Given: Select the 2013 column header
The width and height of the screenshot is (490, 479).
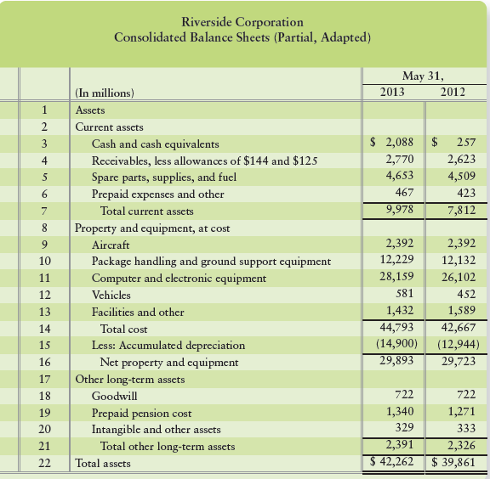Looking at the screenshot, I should point(391,92).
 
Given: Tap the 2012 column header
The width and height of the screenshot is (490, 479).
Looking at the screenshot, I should point(453,92).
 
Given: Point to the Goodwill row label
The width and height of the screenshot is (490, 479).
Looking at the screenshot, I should point(113,396).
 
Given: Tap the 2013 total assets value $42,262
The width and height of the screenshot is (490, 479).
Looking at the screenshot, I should point(394,463).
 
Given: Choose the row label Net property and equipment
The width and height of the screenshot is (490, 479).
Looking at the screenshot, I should point(170,362).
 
